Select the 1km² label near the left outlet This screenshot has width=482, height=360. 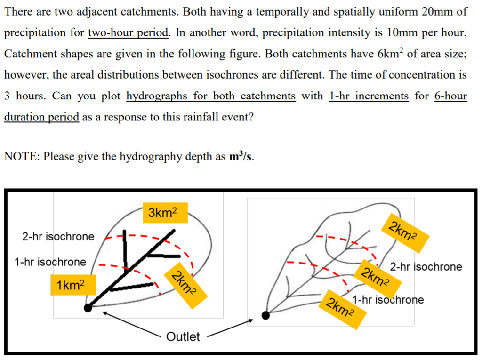(x=70, y=285)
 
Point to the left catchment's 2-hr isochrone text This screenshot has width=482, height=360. (x=58, y=236)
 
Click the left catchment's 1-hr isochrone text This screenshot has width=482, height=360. (x=50, y=262)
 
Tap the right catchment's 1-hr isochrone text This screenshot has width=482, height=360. (x=388, y=299)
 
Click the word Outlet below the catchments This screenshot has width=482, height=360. (x=183, y=336)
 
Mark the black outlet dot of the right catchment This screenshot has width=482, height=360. (x=266, y=315)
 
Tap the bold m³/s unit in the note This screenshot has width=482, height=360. (x=241, y=156)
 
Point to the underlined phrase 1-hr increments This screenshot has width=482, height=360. (x=369, y=96)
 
